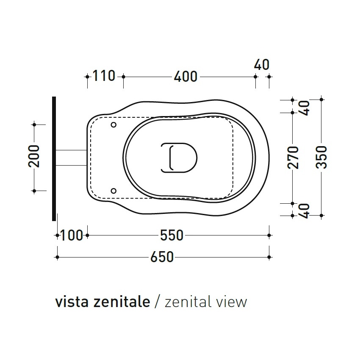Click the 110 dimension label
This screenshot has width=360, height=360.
(x=104, y=76)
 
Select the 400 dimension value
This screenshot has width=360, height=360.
(x=186, y=77)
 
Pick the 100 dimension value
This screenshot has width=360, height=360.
(x=72, y=235)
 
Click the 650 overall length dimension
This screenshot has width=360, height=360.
(x=162, y=257)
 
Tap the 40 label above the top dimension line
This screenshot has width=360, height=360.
(x=262, y=65)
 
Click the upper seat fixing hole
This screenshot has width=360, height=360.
(x=113, y=125)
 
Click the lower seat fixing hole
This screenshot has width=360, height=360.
(x=113, y=191)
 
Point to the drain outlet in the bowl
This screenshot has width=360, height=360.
(x=179, y=158)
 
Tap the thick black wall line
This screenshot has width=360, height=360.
(x=54, y=158)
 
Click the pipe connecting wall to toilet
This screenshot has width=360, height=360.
(x=71, y=157)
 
